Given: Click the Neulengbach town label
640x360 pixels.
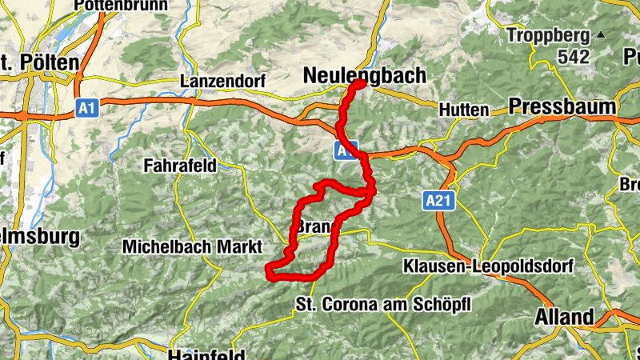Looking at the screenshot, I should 364,74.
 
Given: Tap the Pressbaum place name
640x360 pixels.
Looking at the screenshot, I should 562,106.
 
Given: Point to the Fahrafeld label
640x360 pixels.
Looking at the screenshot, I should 181,166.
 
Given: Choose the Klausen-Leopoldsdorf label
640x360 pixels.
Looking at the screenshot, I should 480,266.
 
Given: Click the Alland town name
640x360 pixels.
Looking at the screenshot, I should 565,317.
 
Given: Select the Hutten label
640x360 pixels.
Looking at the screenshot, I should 463,110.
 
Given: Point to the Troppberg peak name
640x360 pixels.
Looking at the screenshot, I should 549,35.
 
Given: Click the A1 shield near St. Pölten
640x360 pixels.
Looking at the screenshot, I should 87,107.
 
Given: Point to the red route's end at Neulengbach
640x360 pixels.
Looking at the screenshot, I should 360,83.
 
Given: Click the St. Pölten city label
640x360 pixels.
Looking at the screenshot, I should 40,62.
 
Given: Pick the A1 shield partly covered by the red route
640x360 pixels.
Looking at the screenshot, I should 346,150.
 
